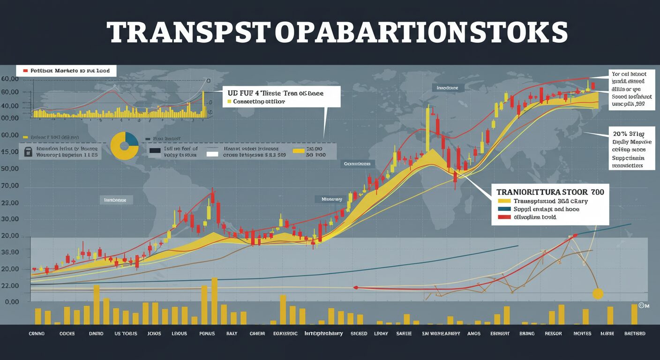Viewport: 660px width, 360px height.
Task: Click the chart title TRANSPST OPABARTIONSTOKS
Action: coord(337,32)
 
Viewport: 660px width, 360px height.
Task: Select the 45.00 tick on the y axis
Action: coord(10,152)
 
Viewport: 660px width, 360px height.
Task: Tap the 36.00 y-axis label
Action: coord(10,252)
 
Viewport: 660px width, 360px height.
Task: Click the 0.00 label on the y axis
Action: coord(12,302)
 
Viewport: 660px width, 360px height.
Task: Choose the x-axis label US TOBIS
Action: coord(126,334)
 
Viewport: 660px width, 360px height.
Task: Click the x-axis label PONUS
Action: coord(207,334)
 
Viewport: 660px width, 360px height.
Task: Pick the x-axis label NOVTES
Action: coord(583,334)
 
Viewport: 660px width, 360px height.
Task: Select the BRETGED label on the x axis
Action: coord(635,334)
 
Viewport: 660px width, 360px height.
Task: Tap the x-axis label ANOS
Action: coord(474,334)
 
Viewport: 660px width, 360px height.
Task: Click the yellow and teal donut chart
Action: coord(125,145)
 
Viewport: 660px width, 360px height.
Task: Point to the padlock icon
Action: coord(28,151)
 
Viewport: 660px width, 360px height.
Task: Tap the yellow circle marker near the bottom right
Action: coord(598,294)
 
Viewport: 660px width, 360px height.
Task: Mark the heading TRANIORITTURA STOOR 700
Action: coord(550,192)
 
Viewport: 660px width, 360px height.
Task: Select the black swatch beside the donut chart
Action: coord(155,151)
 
